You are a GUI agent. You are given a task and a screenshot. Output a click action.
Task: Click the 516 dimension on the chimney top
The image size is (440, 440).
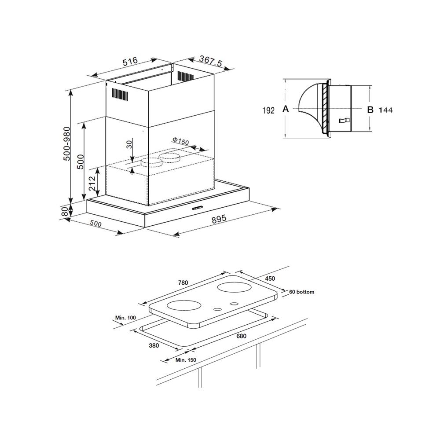130,62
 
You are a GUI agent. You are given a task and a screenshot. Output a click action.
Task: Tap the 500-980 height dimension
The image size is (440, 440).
67,143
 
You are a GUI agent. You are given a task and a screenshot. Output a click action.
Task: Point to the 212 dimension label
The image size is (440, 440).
92,183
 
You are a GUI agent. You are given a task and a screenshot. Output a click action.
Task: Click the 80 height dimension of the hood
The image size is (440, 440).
64,211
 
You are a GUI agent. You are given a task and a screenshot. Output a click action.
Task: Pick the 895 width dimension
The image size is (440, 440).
219,219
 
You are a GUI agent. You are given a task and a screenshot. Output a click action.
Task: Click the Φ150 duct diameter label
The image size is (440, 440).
180,141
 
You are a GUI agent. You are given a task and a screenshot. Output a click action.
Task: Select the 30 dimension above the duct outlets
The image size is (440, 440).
129,144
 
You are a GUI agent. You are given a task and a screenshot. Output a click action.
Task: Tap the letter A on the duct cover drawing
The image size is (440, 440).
286,109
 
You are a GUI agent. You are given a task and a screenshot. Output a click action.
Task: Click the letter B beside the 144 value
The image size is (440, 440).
370,110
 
